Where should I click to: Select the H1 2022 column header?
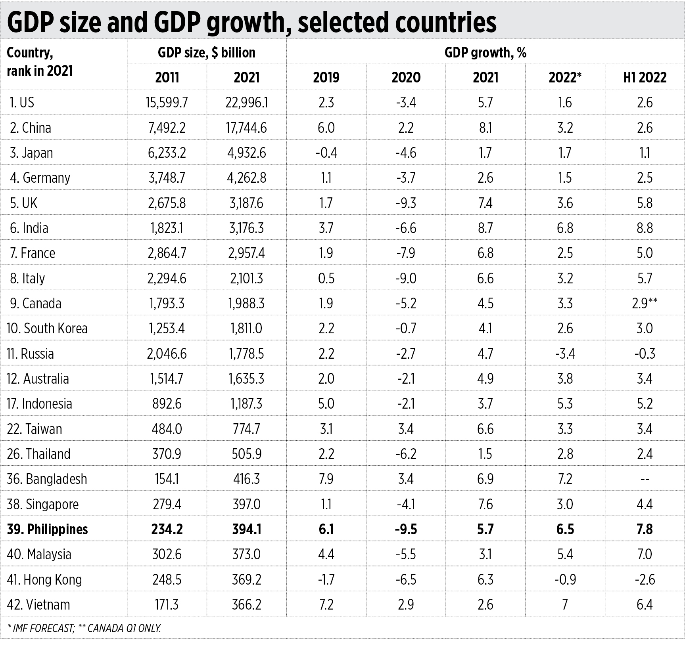pyautogui.click(x=645, y=77)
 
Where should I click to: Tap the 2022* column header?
pyautogui.click(x=565, y=77)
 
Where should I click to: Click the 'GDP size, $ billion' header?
pyautogui.click(x=206, y=53)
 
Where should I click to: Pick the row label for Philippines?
pyautogui.click(x=47, y=529)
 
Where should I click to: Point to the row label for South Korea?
pyautogui.click(x=47, y=329)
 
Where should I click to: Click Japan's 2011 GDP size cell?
pyautogui.click(x=167, y=153)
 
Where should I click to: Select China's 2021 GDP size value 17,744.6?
pyautogui.click(x=246, y=128)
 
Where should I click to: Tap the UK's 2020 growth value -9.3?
pyautogui.click(x=406, y=203)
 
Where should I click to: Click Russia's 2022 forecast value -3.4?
pyautogui.click(x=565, y=354)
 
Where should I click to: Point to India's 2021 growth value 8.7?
pyautogui.click(x=485, y=228)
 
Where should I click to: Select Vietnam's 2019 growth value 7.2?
pyautogui.click(x=326, y=605)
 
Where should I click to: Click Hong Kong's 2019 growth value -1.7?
pyautogui.click(x=326, y=580)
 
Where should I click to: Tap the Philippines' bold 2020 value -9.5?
pyautogui.click(x=406, y=529)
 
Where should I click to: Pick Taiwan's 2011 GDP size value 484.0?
pyautogui.click(x=167, y=429)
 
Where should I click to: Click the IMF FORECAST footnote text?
pyautogui.click(x=41, y=628)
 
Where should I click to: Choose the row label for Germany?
pyautogui.click(x=40, y=178)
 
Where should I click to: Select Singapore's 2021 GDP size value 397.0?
pyautogui.click(x=246, y=505)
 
